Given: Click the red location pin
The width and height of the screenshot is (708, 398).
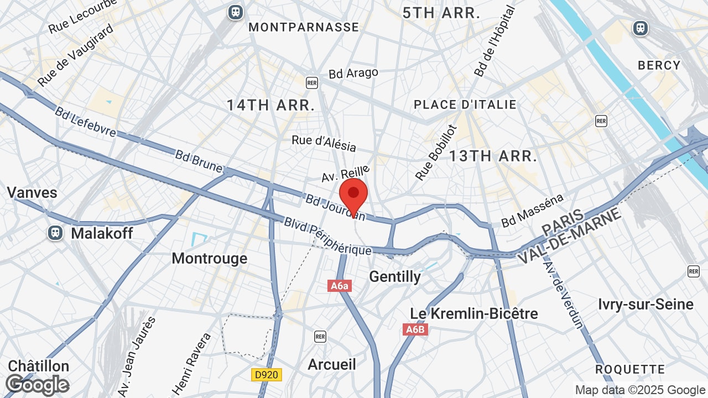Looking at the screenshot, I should pos(353,193).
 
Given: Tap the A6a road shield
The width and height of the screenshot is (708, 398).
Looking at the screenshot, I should pos(340,286).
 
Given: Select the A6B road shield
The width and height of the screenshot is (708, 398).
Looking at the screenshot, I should pos(415,330).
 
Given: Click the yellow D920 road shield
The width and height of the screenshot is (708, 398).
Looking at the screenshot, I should pos(267,375).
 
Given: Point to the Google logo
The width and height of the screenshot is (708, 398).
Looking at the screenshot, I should pos(38,385).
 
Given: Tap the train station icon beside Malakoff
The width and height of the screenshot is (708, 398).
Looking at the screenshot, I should pos(55,233).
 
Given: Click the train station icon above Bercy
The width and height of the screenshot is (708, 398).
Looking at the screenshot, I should pos(641,28).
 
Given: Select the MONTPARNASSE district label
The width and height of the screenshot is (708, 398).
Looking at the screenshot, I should pos(304,27).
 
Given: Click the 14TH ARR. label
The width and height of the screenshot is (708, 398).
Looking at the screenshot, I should pos(271,105).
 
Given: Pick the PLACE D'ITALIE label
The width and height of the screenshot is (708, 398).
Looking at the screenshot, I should pos(465,104).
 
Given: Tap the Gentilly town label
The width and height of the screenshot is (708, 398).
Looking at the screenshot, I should pos(395,276).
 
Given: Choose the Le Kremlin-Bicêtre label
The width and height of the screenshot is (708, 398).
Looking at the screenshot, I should pos(474,313).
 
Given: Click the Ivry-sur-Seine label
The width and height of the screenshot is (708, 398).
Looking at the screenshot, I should pos(645,304).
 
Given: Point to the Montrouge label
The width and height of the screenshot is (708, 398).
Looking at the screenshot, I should pos(210,258).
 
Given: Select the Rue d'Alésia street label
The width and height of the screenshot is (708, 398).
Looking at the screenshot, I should pos(324,143).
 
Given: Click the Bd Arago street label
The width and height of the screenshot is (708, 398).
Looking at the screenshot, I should pos(353,74).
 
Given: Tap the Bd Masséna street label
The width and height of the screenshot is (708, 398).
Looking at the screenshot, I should pos(532,211).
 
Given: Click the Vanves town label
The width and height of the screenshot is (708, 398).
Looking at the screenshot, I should pos(32,192).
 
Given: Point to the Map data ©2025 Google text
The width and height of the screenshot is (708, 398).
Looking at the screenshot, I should pos(640,390).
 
